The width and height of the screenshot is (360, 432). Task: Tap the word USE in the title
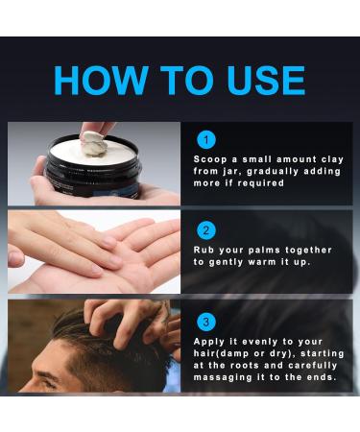266,80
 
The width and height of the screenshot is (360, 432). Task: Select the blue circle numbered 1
206,140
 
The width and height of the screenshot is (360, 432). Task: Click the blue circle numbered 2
206,230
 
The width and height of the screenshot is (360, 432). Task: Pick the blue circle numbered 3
206,322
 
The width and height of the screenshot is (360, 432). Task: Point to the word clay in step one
333,159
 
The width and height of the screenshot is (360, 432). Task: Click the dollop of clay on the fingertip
94,144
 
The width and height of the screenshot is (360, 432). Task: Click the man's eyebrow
45,373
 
